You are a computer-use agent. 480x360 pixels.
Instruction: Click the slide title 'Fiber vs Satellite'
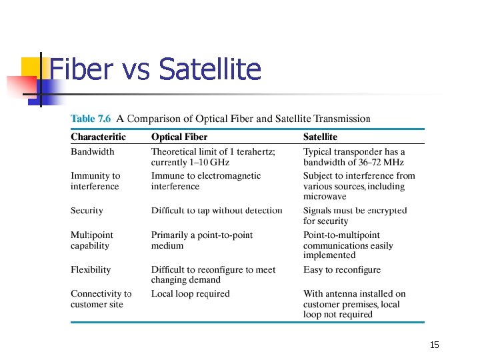(155, 69)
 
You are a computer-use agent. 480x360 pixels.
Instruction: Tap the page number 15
(435, 345)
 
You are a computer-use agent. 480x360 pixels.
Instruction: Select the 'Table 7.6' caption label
(91, 119)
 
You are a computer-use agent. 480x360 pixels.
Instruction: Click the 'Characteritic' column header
(98, 137)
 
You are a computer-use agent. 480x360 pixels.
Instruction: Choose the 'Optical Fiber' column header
(179, 137)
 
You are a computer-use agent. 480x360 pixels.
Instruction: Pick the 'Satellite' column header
(320, 137)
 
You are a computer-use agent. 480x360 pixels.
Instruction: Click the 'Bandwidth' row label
(92, 152)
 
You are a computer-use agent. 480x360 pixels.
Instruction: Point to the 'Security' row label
(87, 211)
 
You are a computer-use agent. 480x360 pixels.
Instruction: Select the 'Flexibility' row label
(91, 270)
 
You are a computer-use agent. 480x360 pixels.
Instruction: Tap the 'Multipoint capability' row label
(91, 240)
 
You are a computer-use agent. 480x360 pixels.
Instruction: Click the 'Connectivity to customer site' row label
(101, 299)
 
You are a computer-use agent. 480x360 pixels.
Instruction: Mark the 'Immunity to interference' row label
(95, 181)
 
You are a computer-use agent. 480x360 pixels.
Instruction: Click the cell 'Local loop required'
(190, 294)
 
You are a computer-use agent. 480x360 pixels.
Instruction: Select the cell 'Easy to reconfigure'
(342, 270)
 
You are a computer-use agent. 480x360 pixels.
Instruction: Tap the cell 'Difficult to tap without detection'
(217, 211)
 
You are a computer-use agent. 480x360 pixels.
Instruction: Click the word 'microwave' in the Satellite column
(325, 197)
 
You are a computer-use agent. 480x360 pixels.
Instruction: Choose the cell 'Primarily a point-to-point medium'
(202, 240)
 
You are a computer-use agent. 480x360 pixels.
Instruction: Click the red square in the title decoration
(20, 85)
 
